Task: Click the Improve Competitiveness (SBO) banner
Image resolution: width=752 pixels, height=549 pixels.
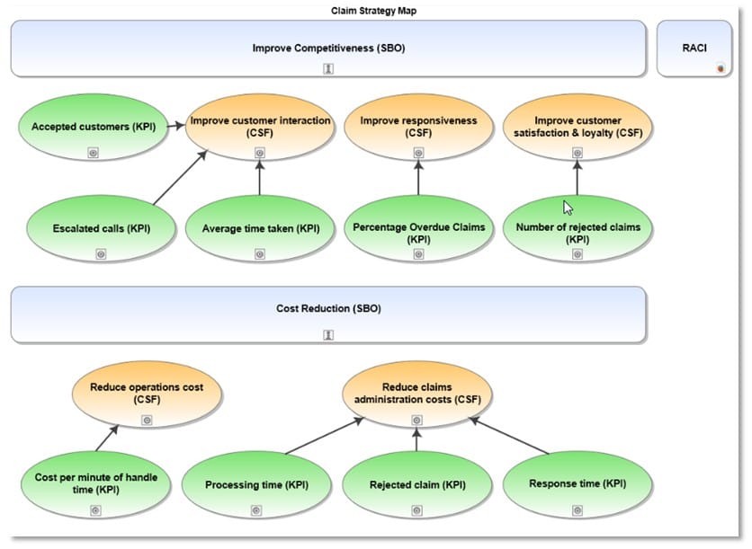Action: click(328, 49)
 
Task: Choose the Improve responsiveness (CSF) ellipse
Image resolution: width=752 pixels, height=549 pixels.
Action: click(418, 127)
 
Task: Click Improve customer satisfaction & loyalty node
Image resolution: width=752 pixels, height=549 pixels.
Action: click(577, 127)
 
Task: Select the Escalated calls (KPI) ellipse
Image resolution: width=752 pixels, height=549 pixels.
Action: click(101, 229)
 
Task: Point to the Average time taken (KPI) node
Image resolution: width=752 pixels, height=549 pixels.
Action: click(260, 229)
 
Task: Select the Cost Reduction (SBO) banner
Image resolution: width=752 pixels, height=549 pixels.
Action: click(328, 309)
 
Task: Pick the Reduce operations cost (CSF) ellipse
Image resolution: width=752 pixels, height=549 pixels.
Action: click(147, 394)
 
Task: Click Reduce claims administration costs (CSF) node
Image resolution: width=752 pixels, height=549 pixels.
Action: click(416, 394)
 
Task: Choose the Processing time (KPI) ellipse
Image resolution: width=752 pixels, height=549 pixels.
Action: click(256, 485)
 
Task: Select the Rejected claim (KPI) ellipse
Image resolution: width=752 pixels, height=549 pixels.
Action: click(417, 485)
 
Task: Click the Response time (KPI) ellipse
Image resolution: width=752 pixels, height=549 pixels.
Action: click(577, 483)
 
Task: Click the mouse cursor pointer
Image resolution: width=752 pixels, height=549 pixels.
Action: click(568, 207)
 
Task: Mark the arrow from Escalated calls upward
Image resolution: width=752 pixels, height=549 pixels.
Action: click(179, 177)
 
